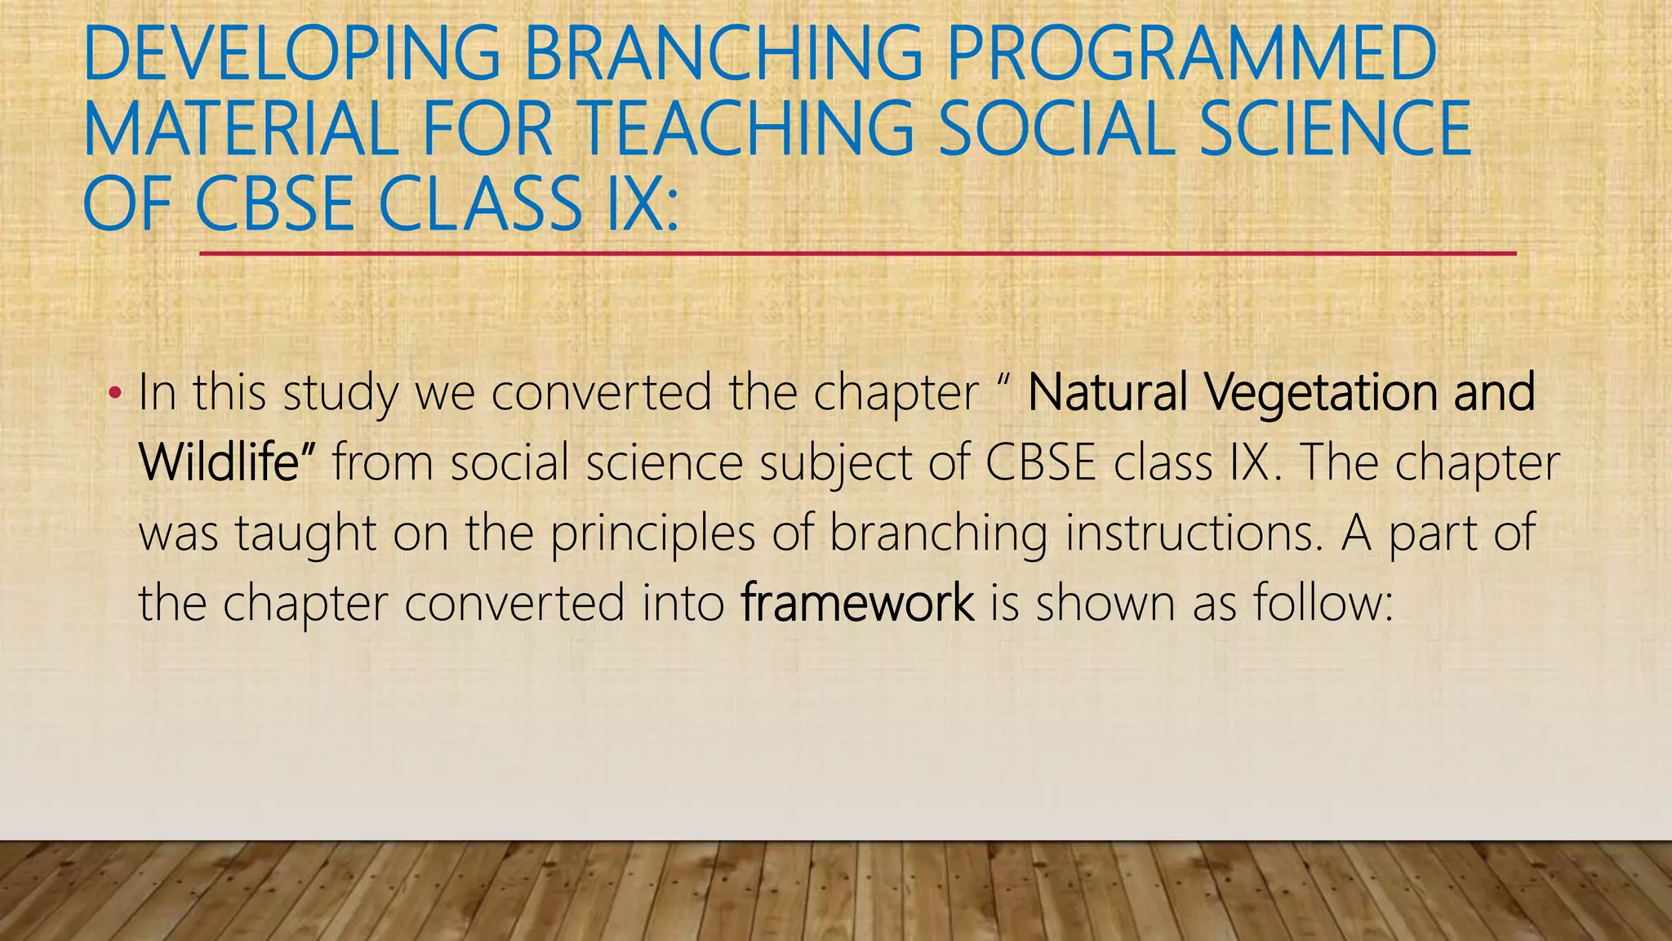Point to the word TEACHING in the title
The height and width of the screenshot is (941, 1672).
coord(748,129)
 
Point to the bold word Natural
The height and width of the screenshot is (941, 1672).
coord(1107,393)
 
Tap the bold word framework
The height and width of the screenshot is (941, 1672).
coord(857,603)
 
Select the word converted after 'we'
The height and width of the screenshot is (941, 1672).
coord(602,393)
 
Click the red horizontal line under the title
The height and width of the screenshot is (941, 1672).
coord(857,254)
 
